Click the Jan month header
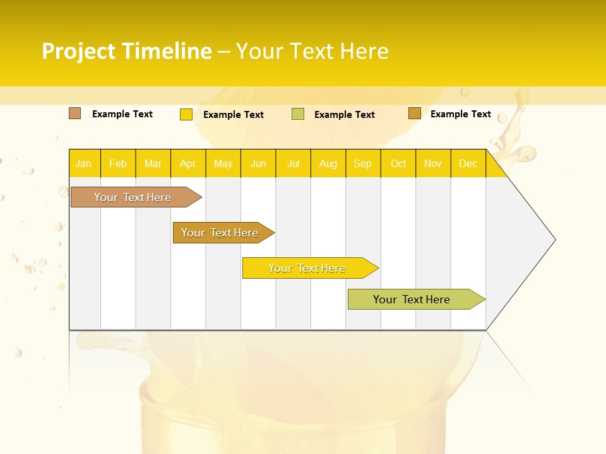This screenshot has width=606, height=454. [x=83, y=164]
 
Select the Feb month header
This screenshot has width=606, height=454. [x=118, y=164]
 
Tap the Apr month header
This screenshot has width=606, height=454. [x=187, y=164]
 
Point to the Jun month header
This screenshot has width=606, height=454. [x=258, y=164]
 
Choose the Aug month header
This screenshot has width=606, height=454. [x=328, y=164]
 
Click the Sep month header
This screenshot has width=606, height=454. [x=362, y=164]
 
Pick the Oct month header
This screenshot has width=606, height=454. [x=398, y=164]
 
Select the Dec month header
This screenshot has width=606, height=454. [x=468, y=164]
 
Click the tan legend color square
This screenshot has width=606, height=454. [x=75, y=113]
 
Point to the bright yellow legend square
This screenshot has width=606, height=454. [x=186, y=114]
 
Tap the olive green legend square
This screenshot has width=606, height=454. [x=298, y=114]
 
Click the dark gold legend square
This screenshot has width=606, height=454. [x=415, y=113]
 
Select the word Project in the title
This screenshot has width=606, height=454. [x=78, y=51]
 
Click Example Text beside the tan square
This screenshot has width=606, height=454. [x=122, y=114]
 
